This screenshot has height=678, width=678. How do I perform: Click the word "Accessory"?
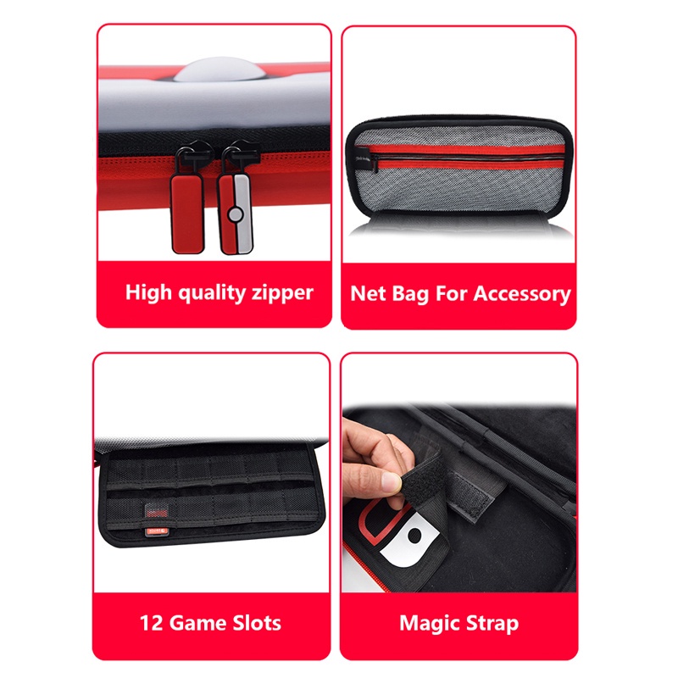point(522,294)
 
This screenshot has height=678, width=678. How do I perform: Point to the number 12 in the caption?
point(151,624)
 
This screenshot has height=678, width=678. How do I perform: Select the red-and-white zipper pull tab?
point(235,214)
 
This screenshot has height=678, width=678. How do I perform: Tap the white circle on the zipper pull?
point(236,214)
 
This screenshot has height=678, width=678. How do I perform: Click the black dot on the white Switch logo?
point(414,536)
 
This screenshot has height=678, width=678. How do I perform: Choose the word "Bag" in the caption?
point(410,294)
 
